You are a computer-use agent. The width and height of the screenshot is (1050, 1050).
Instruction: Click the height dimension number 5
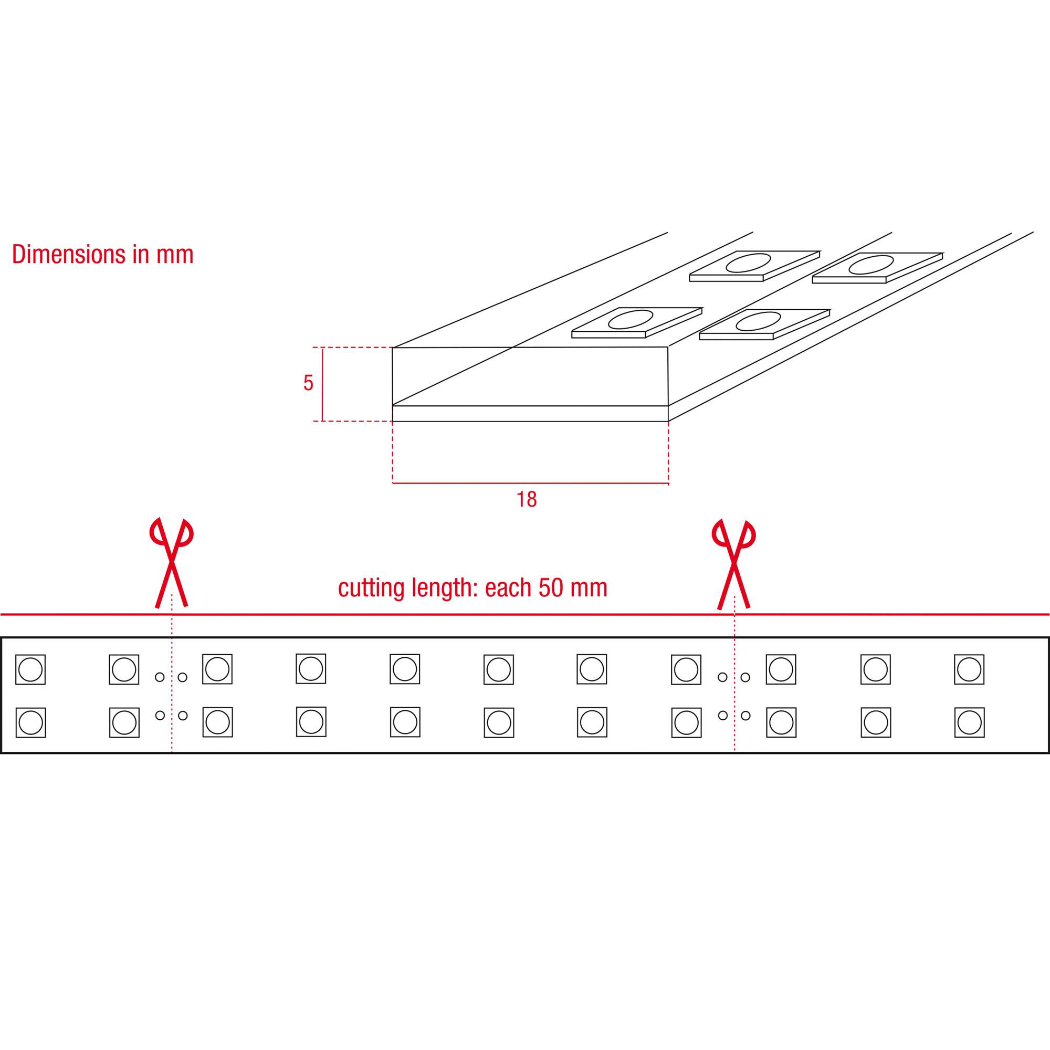point(308,383)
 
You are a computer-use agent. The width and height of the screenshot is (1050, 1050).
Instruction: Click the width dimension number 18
point(526,499)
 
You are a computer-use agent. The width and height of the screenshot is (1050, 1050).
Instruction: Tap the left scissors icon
point(171,562)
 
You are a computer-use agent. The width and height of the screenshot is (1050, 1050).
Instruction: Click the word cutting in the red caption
point(372,589)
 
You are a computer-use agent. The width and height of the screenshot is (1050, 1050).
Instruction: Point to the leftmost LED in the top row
point(30,669)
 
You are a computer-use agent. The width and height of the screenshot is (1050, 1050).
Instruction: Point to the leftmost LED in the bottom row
point(30,722)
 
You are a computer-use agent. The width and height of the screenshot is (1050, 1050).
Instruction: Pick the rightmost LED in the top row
point(969,669)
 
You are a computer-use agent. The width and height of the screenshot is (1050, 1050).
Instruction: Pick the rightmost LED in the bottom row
point(970,722)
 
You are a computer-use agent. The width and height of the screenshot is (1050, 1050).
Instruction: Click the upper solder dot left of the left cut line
point(160,677)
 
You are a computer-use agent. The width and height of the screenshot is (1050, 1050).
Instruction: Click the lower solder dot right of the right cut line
point(745,715)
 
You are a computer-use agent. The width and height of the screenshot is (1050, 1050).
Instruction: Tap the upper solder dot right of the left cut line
point(183,677)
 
